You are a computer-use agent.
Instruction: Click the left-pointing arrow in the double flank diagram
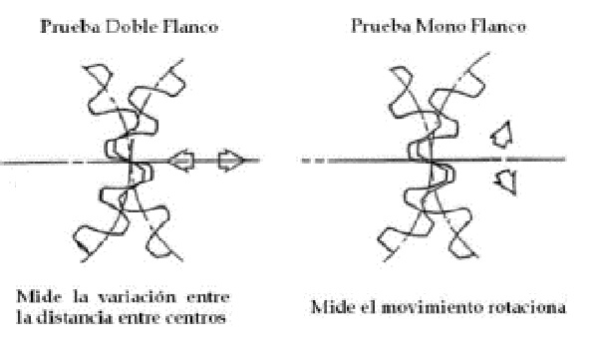click(182, 158)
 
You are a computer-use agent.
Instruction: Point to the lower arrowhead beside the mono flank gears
click(506, 180)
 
